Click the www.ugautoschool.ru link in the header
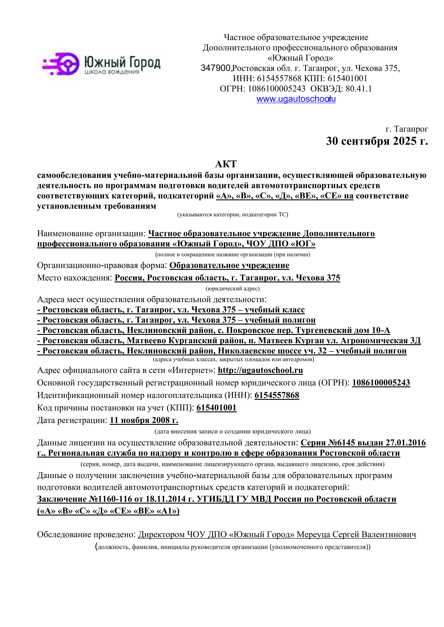tap(296, 99)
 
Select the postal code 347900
tap(216, 68)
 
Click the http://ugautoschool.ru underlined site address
tap(260, 370)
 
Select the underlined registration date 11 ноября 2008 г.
tap(144, 420)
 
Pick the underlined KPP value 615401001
tap(216, 408)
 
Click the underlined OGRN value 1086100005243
tap(381, 383)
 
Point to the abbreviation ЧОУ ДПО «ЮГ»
tap(281, 244)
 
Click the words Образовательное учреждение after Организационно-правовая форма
tap(229, 265)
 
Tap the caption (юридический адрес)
tap(232, 288)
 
